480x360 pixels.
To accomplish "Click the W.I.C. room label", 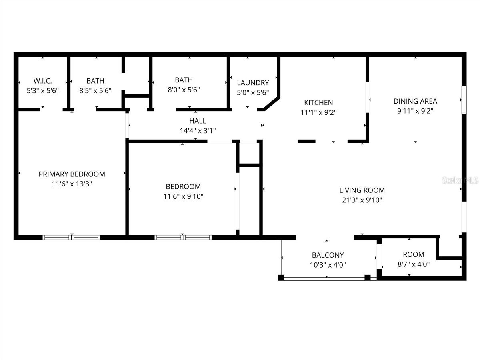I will pos(42,81).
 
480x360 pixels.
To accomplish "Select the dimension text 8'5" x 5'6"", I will pos(95,91).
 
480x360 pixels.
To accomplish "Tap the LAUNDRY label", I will pos(253,83).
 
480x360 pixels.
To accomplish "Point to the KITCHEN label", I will pos(318,103).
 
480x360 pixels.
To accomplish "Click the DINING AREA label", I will pos(415,101).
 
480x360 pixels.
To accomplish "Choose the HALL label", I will pos(198,121).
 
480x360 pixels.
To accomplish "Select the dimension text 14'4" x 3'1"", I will pos(198,130).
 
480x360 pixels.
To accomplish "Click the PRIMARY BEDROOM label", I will pos(72,174).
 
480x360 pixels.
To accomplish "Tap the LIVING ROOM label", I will pos(362,190).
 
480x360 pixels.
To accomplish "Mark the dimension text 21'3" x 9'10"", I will pos(362,200).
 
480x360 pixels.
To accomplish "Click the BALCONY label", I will pos(328,255).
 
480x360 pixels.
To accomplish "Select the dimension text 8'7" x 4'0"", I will pos(414,264).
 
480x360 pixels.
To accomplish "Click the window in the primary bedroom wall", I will pos(71,237).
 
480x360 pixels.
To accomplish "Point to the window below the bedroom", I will pos(183,237).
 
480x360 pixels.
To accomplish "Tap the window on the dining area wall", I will pos(464,100).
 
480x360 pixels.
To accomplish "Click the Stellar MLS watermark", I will pos(460,181).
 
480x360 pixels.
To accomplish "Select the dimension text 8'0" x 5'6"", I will pos(183,90).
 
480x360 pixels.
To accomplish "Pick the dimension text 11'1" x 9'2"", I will pos(318,113).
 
